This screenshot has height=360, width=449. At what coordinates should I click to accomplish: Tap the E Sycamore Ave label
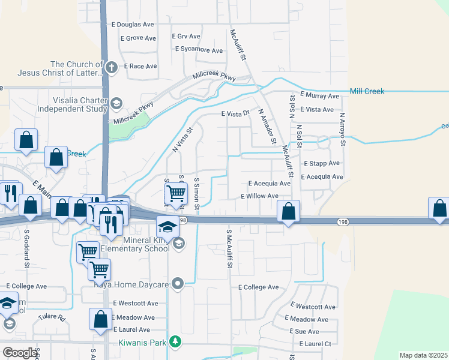[199, 50]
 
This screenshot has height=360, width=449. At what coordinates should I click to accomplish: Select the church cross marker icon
[112, 69]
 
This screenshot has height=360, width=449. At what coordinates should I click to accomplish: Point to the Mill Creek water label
[367, 92]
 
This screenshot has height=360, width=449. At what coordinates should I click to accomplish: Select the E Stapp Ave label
[322, 163]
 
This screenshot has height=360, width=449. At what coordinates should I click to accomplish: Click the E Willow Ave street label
[259, 196]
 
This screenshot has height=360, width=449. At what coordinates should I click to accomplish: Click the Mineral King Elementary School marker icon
[178, 243]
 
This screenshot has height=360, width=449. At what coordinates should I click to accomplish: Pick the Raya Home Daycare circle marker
[177, 283]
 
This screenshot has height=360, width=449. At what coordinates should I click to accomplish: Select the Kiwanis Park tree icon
[175, 342]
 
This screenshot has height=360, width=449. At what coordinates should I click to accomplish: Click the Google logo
[20, 352]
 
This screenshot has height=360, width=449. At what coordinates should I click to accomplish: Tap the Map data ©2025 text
[423, 355]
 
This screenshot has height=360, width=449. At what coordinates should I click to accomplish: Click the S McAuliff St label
[229, 248]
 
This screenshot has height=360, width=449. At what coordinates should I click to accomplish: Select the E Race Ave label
[140, 66]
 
